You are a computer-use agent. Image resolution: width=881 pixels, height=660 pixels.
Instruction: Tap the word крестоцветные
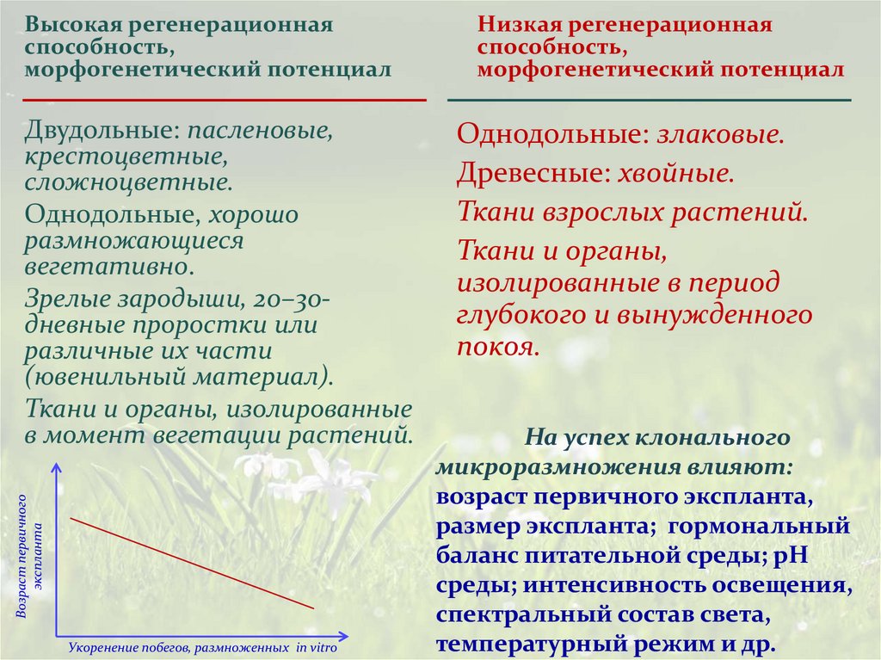click(x=126, y=157)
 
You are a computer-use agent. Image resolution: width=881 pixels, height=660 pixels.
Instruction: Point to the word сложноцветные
click(x=127, y=182)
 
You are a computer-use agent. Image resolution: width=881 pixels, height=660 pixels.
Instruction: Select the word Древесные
click(x=528, y=173)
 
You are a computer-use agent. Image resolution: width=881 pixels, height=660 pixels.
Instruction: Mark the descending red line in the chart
click(x=191, y=563)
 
